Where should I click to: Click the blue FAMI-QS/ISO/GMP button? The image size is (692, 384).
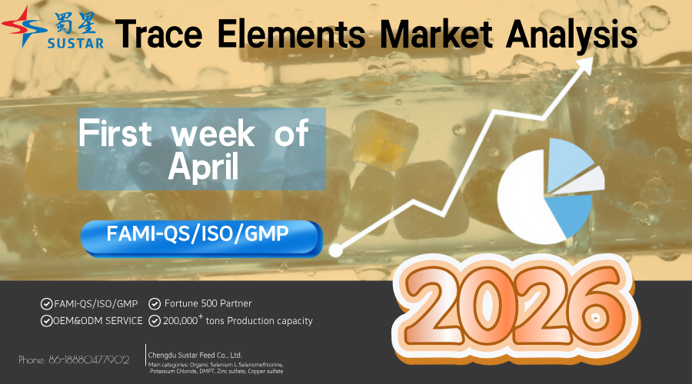point(200,237)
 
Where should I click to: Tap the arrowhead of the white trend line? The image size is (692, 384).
point(585,65)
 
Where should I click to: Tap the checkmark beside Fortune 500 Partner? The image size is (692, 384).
point(155,303)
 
